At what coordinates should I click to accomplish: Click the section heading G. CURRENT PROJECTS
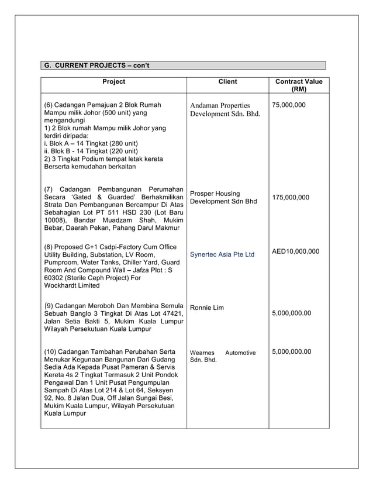click(x=97, y=65)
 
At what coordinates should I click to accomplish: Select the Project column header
click(x=113, y=82)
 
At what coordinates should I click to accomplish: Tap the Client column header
click(x=227, y=82)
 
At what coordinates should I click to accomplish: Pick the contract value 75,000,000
click(x=289, y=105)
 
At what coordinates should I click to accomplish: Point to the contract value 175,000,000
click(x=291, y=198)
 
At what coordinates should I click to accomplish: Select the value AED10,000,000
click(x=296, y=251)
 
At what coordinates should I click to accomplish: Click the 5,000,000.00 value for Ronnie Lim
click(x=292, y=313)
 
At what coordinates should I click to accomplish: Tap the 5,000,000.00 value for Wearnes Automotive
click(x=292, y=352)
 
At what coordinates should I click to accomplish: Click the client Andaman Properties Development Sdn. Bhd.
click(x=225, y=109)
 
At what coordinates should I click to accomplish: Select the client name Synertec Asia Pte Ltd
click(x=222, y=255)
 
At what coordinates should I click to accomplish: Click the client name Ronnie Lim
click(x=206, y=308)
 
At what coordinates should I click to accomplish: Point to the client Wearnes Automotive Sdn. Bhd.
click(x=222, y=356)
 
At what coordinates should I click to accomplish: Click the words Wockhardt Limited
click(x=72, y=286)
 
